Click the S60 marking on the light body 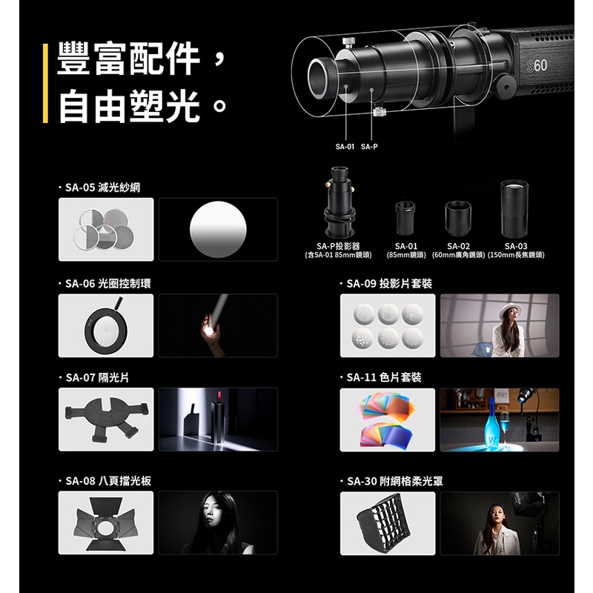[x=537, y=66]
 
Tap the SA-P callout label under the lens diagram [x=369, y=146]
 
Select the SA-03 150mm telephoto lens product [x=514, y=209]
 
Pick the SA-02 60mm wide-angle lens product [x=458, y=219]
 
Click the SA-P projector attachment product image [x=339, y=202]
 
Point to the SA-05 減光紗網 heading [x=103, y=188]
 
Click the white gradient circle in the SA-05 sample [x=218, y=229]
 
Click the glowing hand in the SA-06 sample [x=210, y=328]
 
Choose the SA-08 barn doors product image [x=105, y=523]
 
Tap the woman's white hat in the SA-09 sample [x=510, y=311]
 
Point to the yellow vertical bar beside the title [x=45, y=83]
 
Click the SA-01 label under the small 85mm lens [x=405, y=246]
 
